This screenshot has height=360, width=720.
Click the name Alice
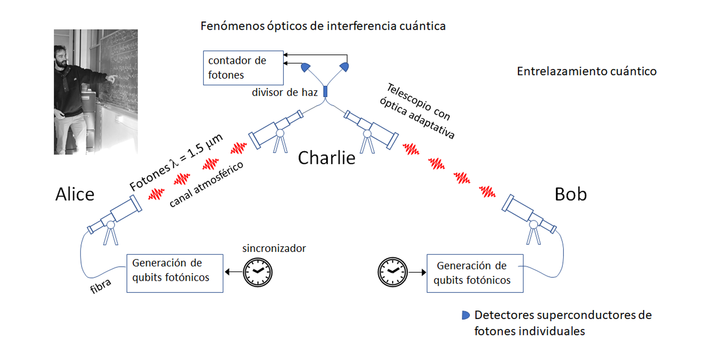(75, 194)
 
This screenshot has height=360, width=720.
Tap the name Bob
(571, 194)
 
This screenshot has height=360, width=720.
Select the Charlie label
(327, 158)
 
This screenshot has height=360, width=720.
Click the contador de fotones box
(243, 68)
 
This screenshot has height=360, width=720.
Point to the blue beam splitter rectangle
(325, 92)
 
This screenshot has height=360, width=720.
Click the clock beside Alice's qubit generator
(257, 272)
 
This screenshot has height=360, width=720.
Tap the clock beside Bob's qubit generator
(392, 272)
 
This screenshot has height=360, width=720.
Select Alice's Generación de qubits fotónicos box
(175, 274)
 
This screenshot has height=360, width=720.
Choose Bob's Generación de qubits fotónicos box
(475, 274)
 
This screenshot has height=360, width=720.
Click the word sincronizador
(274, 248)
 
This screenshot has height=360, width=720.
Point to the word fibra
(101, 286)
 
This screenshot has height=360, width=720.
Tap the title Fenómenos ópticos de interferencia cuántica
(323, 26)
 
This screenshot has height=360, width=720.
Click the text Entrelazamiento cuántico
(587, 71)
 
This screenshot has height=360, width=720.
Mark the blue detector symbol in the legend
(465, 315)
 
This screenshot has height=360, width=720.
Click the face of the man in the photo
(61, 57)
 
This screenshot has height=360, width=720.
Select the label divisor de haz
(285, 93)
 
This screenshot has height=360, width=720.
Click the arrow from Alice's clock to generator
(234, 272)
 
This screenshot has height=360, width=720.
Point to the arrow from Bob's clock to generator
(417, 272)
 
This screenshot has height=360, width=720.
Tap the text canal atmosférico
(207, 184)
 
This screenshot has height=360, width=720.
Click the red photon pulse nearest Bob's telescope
(487, 192)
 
